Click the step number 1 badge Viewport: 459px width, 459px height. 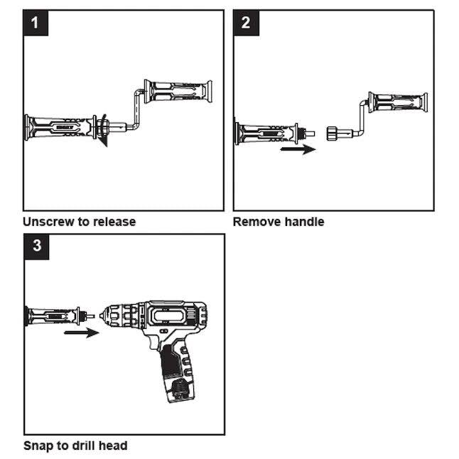pos(36,23)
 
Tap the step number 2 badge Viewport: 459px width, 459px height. pos(246,23)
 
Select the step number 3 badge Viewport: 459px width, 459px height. pos(36,246)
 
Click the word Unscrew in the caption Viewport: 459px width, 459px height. pos(48,222)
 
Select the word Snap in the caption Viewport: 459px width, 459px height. pos(38,445)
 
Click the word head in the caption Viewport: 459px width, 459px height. pos(113,445)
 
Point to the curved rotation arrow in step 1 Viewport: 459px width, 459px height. pos(102,130)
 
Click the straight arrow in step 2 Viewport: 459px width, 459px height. pos(298,149)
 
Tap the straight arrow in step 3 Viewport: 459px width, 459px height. pos(82,333)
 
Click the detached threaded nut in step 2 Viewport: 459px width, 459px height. pos(331,134)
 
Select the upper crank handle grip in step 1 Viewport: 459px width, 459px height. pos(178,91)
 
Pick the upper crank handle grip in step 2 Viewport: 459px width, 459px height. pos(398,102)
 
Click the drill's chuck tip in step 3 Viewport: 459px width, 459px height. pos(102,316)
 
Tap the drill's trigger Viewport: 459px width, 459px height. pos(153,342)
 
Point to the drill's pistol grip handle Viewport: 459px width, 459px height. pos(176,372)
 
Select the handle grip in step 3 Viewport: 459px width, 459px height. pos(52,316)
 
